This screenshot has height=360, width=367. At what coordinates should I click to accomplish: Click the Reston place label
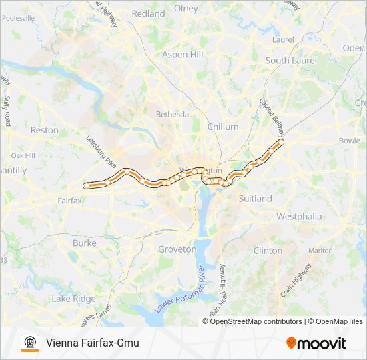45,131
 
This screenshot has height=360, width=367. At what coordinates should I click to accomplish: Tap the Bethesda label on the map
173,115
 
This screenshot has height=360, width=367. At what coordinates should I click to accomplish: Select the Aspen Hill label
182,54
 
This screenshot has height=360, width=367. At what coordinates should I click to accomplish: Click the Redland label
148,13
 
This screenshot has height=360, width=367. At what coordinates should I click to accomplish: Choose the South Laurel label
286,60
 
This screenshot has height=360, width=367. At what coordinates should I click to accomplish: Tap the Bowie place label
349,141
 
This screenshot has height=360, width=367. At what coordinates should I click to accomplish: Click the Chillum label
222,127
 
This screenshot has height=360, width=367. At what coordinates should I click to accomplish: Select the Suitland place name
255,199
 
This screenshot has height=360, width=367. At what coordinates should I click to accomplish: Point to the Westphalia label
299,217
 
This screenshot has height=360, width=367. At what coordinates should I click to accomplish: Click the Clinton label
268,251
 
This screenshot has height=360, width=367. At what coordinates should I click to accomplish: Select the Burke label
84,244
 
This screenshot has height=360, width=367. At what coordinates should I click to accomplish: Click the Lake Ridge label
73,299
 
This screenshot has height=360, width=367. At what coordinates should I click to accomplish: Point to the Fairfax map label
69,201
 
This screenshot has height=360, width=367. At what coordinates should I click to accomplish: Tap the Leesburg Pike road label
101,152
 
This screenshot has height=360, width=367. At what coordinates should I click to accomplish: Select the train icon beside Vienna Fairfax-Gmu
30,343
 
